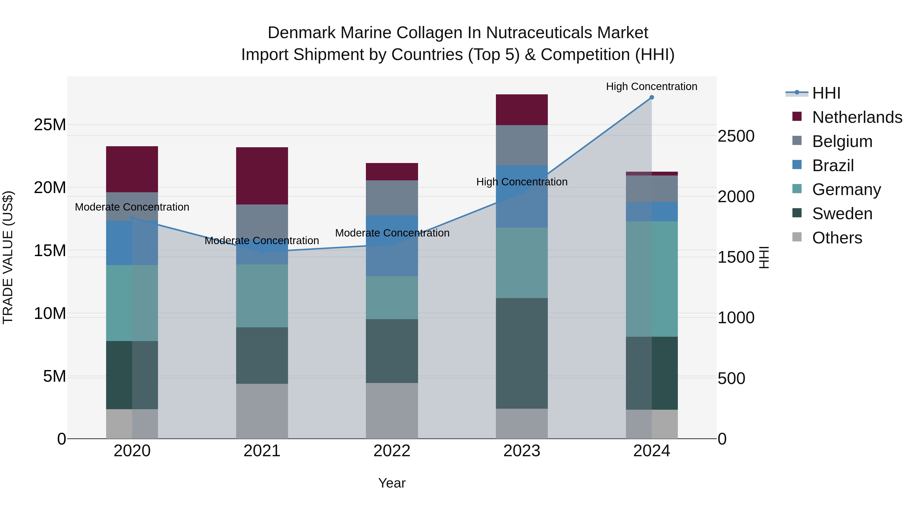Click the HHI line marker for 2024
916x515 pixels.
(651, 97)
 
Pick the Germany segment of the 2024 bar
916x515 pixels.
(651, 279)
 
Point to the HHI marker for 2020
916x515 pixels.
(132, 218)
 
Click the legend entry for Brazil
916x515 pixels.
(833, 166)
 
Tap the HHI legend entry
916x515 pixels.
(826, 93)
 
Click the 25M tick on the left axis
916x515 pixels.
(50, 125)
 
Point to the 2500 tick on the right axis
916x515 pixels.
(736, 136)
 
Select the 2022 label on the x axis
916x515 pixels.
(392, 451)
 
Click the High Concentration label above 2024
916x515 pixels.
(651, 86)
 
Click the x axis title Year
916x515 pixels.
(392, 483)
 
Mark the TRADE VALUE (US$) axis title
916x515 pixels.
(8, 257)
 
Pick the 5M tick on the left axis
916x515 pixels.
(54, 376)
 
